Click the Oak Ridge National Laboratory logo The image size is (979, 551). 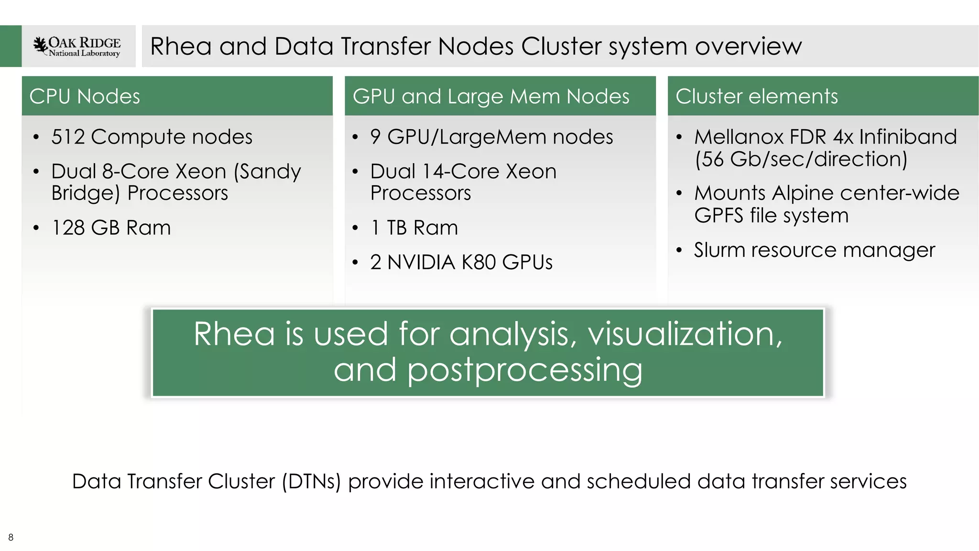point(77,46)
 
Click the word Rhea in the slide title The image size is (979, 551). point(181,46)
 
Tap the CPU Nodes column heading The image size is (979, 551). point(85,96)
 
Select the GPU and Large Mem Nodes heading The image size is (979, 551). point(491,96)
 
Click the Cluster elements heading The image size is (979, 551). point(756,96)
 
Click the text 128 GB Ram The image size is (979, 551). point(111,228)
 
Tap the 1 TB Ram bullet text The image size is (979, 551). point(414,228)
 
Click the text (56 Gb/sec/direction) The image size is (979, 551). point(801,159)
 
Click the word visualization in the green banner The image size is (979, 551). point(685,334)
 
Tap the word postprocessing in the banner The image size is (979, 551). point(525,370)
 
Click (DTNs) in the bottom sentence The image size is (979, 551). point(311,481)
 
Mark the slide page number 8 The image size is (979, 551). point(11,537)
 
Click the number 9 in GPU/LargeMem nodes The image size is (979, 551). point(375,137)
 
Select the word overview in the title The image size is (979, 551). point(748,46)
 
